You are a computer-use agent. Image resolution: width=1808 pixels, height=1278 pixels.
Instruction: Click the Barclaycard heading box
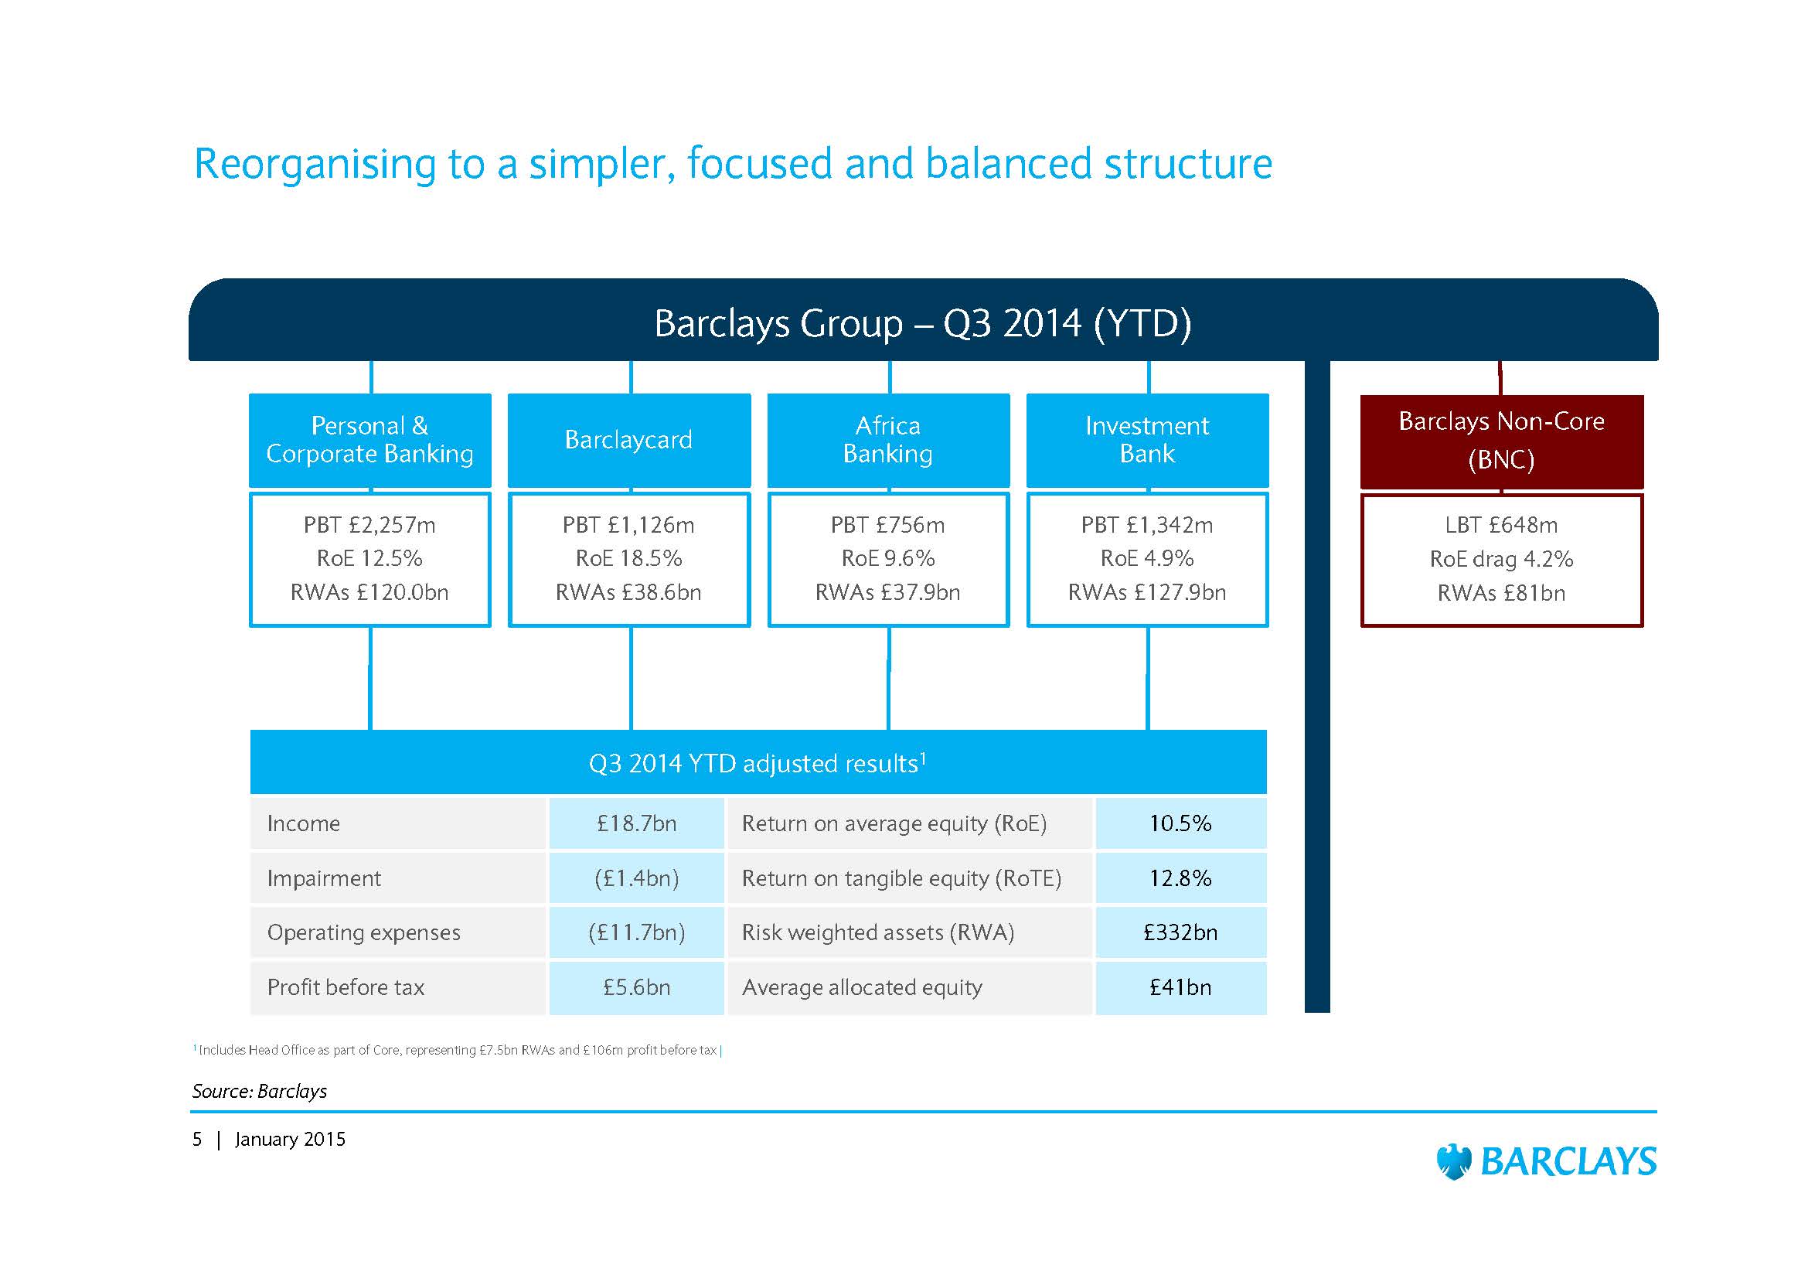coord(628,440)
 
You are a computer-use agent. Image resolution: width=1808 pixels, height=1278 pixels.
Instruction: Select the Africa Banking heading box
coord(888,440)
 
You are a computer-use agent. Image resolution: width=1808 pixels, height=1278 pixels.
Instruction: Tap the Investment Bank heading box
coord(1147,440)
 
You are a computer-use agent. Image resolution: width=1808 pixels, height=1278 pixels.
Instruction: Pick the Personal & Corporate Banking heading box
coord(370,440)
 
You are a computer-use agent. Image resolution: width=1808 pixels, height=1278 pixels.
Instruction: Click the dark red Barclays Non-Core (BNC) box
coord(1502,441)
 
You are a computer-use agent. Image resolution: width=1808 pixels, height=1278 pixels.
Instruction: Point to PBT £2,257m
coord(369,525)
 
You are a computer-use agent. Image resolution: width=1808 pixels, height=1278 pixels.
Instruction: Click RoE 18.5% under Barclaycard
coord(628,558)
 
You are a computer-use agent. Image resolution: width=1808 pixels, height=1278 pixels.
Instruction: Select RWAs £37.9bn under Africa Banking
coord(887,592)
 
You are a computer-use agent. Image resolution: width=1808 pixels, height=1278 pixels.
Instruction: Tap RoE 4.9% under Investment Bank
coord(1147,558)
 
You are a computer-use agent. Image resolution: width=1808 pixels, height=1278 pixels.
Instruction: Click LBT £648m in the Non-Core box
coord(1501,525)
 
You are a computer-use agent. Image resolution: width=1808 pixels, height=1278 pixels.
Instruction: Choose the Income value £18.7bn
coord(636,823)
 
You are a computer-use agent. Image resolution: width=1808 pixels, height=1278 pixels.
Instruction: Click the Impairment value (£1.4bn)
coord(636,878)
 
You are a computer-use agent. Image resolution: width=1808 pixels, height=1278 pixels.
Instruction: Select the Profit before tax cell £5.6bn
coord(636,987)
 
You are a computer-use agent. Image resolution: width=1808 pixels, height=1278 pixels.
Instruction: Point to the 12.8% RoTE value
coord(1180,878)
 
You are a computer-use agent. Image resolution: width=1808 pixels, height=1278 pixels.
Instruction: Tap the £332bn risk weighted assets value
coord(1180,932)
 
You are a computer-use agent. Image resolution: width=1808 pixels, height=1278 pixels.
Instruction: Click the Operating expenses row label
coord(364,933)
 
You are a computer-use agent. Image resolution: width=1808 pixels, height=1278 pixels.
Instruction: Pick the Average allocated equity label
coord(863,988)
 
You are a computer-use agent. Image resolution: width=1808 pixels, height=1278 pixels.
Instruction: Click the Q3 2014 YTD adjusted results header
coord(758,762)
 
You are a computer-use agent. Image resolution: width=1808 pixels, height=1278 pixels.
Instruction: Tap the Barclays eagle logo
coord(1454,1161)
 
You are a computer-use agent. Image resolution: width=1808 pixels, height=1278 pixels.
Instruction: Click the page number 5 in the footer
coord(197,1140)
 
